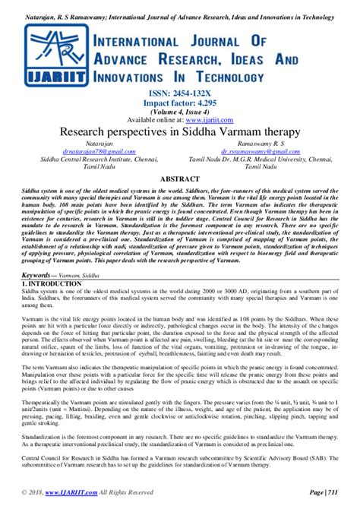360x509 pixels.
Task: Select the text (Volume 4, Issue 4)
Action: [180, 109]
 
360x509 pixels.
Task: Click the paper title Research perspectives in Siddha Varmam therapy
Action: [180, 131]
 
